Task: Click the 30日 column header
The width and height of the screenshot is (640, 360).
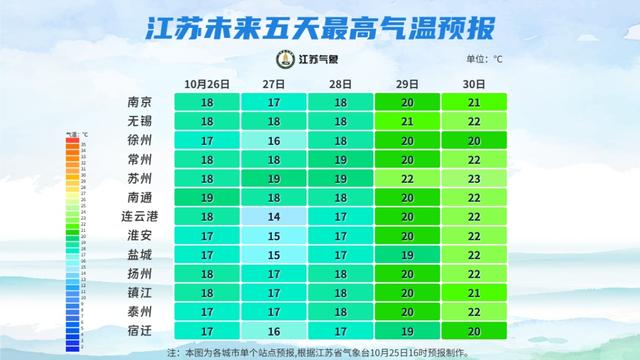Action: click(475, 83)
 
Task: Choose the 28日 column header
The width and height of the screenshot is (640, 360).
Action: click(339, 83)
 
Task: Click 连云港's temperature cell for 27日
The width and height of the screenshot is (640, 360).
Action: click(272, 217)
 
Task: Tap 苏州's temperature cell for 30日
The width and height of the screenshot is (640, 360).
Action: click(475, 178)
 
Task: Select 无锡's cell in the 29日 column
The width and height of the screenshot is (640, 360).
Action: click(407, 121)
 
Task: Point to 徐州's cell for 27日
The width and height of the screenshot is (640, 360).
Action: click(272, 140)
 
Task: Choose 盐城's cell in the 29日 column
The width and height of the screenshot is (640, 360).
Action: click(407, 255)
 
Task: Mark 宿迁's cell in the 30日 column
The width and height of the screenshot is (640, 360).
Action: click(475, 331)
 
